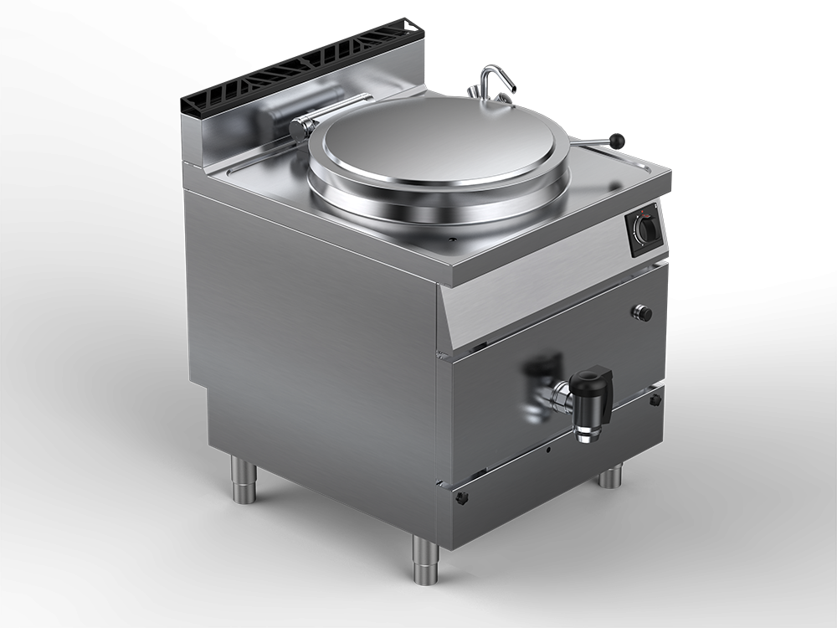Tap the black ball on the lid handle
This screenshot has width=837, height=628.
[x=619, y=141]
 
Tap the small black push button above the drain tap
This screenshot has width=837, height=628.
[x=643, y=312]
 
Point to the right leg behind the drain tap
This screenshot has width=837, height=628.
[x=610, y=476]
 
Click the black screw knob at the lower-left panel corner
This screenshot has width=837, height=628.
[x=461, y=497]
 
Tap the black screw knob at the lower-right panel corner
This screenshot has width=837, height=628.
[x=655, y=399]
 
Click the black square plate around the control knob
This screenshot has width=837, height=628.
[x=644, y=227]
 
